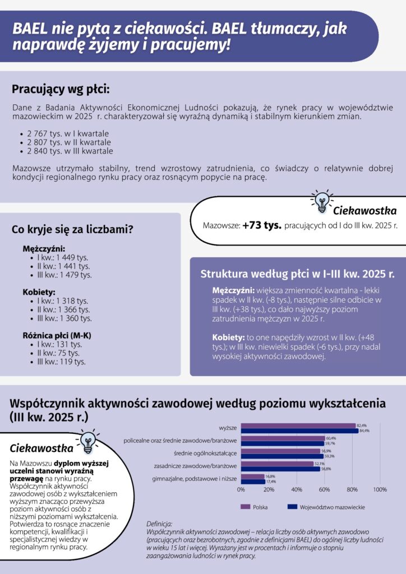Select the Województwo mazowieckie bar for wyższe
[x=299, y=431]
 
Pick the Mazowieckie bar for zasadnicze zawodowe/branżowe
[x=280, y=469]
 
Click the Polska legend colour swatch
[x=245, y=507]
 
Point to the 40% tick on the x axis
[x=297, y=489]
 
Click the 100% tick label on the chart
[x=380, y=489]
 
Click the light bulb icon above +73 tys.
[x=321, y=201]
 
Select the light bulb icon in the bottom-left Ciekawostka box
[x=87, y=441]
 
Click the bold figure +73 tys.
[x=262, y=225]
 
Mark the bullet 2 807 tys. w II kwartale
[x=65, y=142]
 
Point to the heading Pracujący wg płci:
[x=61, y=89]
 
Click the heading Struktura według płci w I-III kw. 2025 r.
[x=297, y=275]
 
